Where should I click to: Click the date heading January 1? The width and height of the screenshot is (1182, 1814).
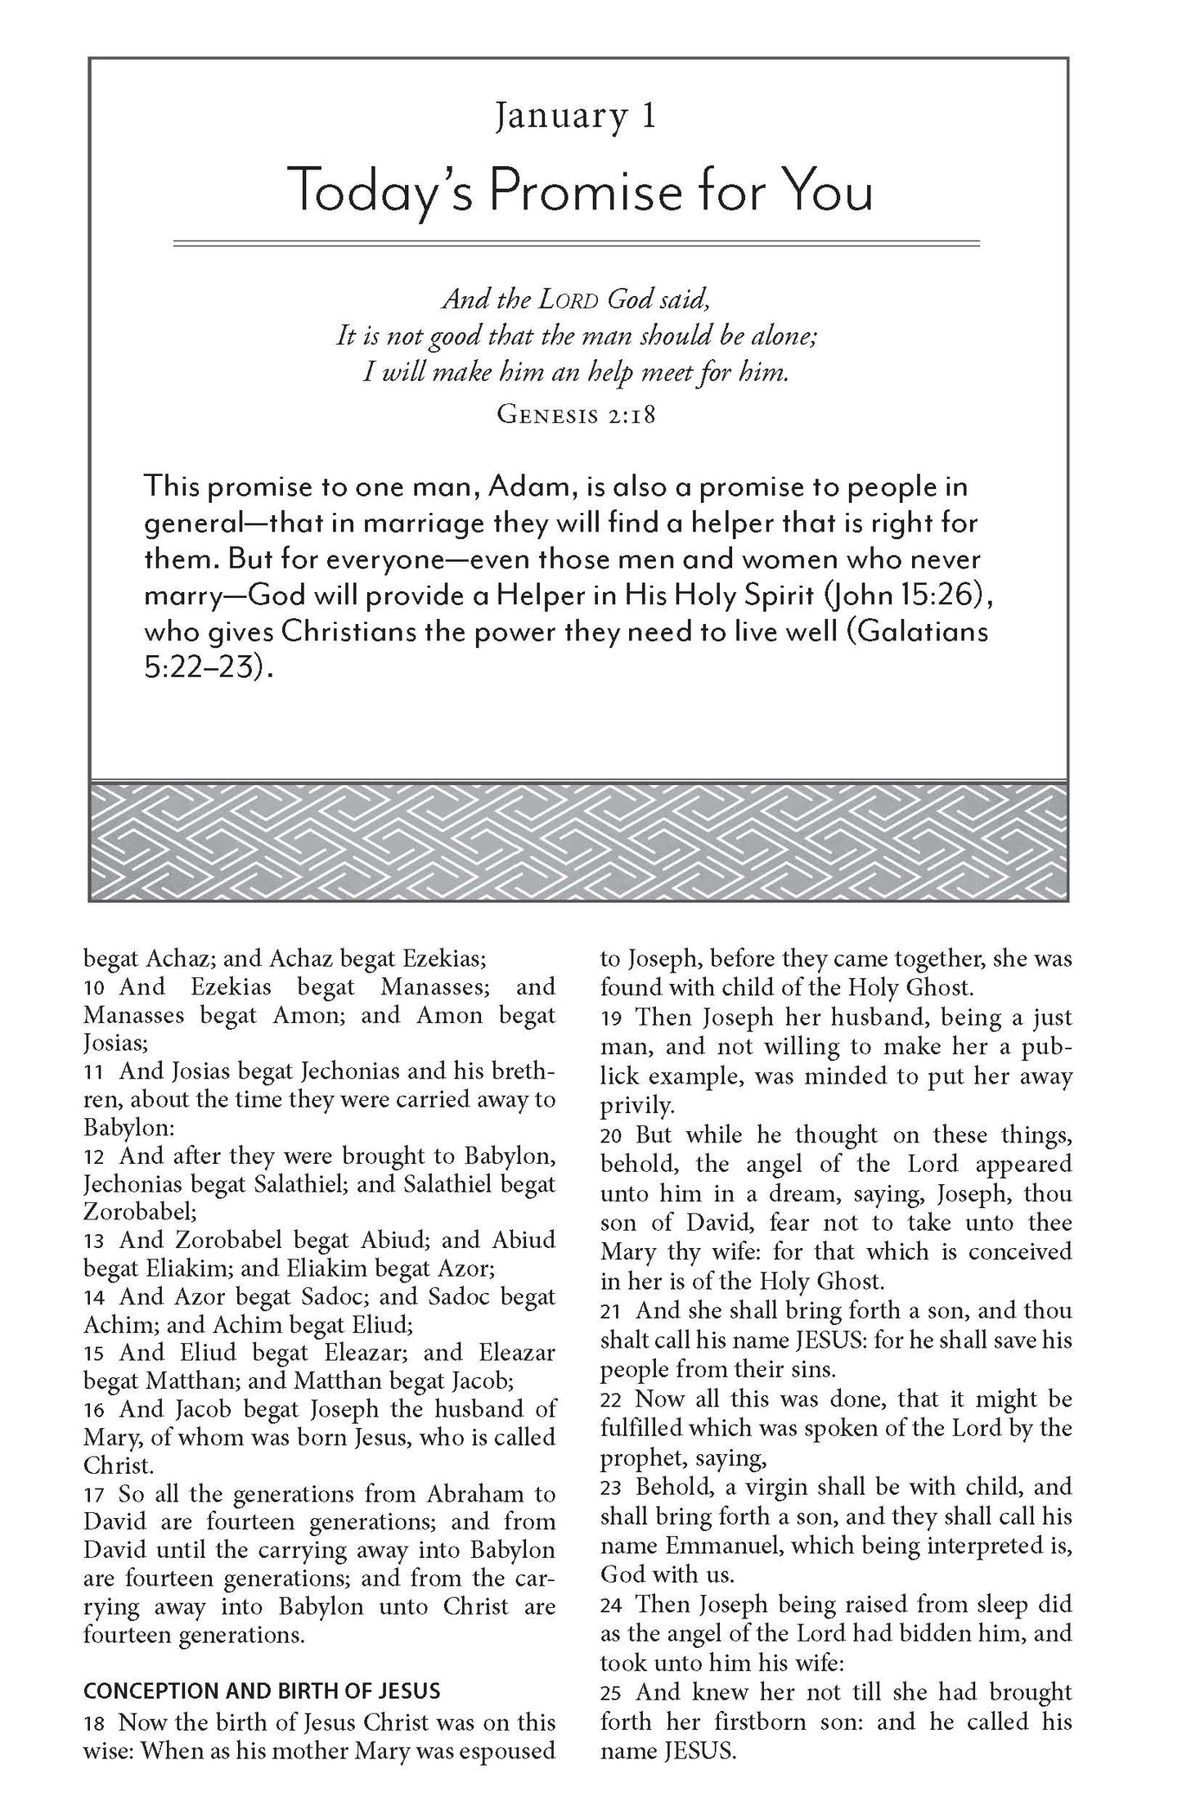pos(575,116)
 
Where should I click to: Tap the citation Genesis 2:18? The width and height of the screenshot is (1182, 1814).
pos(576,415)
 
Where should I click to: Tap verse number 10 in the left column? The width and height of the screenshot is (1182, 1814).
pos(94,987)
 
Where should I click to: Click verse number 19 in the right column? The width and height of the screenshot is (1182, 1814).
pos(612,1018)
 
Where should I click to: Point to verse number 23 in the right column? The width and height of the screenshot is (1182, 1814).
pos(611,1487)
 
